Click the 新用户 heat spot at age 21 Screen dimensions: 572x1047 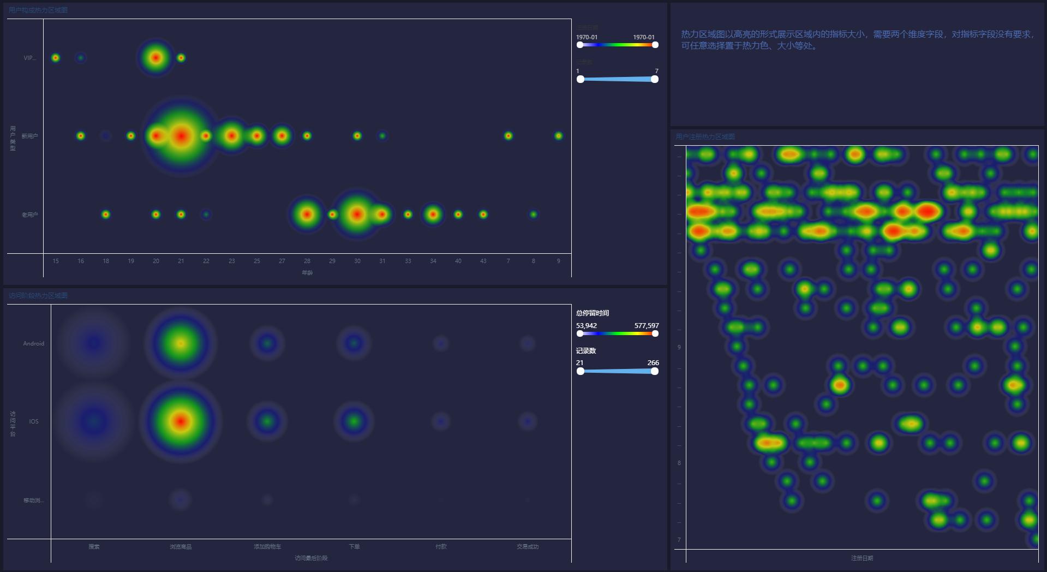click(181, 136)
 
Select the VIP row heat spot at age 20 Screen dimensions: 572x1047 click(156, 57)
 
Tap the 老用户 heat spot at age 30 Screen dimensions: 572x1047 click(357, 214)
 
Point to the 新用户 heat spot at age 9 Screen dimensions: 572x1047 click(558, 136)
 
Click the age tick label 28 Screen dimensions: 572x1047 click(307, 261)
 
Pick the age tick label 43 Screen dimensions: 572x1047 click(483, 261)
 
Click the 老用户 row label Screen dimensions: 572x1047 click(29, 215)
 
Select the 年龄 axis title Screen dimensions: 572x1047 click(307, 273)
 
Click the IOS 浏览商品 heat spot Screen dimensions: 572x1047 click(181, 421)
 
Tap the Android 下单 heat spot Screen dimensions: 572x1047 click(354, 343)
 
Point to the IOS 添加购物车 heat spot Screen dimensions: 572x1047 click(267, 421)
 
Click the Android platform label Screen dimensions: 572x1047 click(33, 344)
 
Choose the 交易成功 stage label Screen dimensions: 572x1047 click(528, 547)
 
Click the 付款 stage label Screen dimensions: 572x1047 click(441, 547)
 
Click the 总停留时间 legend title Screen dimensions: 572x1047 click(593, 313)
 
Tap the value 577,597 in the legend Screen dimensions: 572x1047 click(647, 326)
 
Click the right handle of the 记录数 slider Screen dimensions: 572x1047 click(655, 371)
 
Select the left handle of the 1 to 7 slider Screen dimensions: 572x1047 click(581, 79)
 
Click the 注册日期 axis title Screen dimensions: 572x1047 click(862, 558)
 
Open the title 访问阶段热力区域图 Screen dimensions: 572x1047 click(38, 296)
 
